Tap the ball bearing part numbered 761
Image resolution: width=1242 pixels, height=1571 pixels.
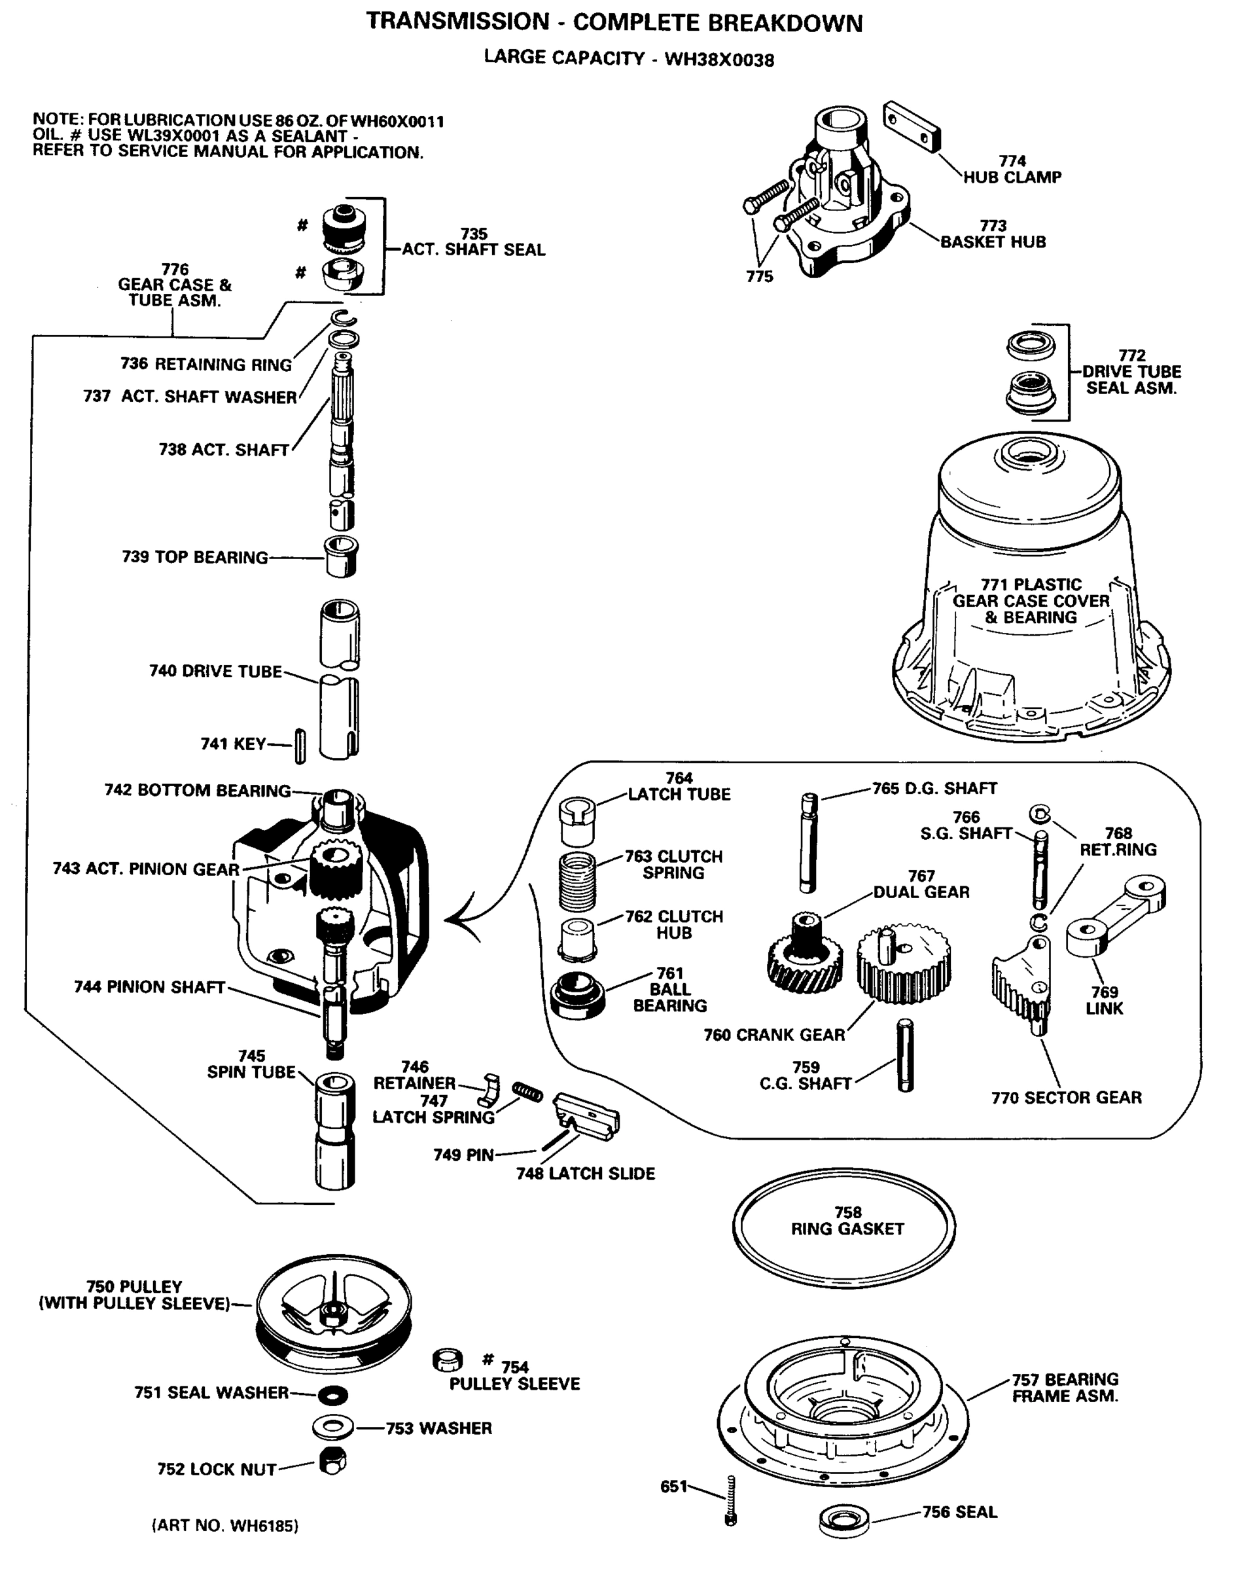[577, 994]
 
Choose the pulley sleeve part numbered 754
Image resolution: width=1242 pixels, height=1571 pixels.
[448, 1360]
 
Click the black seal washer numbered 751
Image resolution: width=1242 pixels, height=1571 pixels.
[333, 1395]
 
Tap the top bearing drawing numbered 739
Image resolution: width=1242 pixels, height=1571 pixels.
[340, 556]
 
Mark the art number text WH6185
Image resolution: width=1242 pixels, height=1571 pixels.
[224, 1526]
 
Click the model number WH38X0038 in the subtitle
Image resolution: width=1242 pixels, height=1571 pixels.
[719, 60]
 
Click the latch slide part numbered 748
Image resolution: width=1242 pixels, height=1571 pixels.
[587, 1113]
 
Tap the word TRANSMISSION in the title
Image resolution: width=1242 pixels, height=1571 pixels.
[458, 22]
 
